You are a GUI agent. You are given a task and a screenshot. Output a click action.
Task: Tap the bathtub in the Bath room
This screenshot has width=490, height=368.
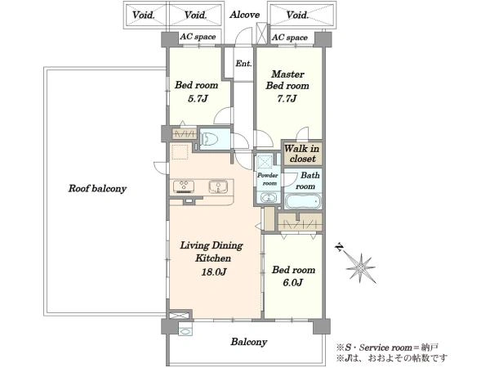[303, 200]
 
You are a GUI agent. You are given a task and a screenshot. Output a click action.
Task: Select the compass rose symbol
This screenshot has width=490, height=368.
[361, 268]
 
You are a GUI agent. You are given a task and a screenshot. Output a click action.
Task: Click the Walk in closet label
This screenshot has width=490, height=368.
[302, 154]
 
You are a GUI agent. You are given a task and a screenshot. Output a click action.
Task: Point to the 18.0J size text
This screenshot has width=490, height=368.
[214, 272]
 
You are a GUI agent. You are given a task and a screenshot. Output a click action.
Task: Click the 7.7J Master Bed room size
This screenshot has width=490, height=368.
[287, 99]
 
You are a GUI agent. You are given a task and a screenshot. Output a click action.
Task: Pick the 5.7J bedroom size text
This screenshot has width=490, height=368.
[198, 99]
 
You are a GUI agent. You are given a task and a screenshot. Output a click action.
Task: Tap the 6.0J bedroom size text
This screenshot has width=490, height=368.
[293, 283]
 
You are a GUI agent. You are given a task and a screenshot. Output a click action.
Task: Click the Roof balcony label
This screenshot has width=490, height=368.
[97, 189]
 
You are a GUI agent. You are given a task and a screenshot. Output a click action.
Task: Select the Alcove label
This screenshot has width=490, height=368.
[245, 15]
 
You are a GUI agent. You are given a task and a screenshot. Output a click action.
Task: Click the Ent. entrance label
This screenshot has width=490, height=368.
[243, 64]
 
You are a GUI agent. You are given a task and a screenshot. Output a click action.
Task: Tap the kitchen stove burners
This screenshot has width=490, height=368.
[184, 186]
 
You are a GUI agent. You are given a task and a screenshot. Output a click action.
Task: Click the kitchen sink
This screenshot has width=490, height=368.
[218, 186]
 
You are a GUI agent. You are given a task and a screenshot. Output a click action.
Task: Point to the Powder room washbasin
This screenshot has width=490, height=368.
[268, 198]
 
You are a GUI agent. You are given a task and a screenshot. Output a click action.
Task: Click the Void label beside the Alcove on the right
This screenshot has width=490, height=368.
[297, 15]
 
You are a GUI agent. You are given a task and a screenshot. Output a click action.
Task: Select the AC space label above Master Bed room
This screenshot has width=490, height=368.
[290, 38]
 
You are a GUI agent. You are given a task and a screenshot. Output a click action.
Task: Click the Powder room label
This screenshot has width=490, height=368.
[268, 179]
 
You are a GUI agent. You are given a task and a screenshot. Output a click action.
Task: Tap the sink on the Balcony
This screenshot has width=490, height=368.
[185, 330]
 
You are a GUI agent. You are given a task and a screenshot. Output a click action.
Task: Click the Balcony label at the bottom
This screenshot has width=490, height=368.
[249, 342]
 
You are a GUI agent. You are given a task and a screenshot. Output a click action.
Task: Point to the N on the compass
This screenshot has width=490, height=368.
[339, 248]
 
